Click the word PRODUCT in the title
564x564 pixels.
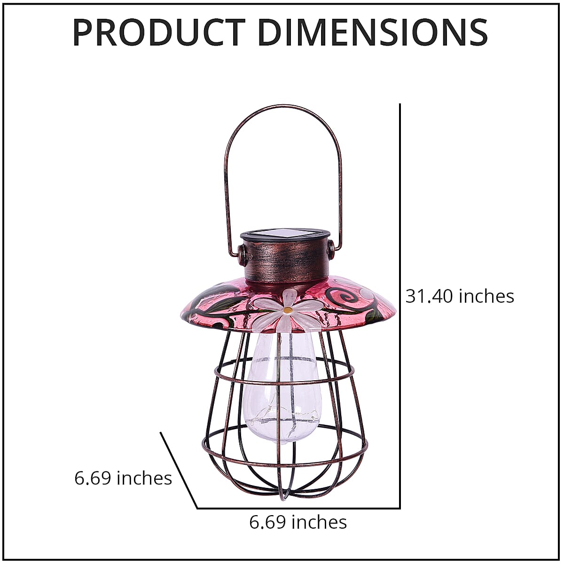pos(158,32)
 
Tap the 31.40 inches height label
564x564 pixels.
pos(460,296)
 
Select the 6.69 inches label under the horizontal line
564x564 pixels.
pos(298,522)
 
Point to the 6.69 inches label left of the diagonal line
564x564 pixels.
pos(123,478)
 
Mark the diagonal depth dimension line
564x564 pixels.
pos(179,470)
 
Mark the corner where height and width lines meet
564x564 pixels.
pos(399,508)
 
